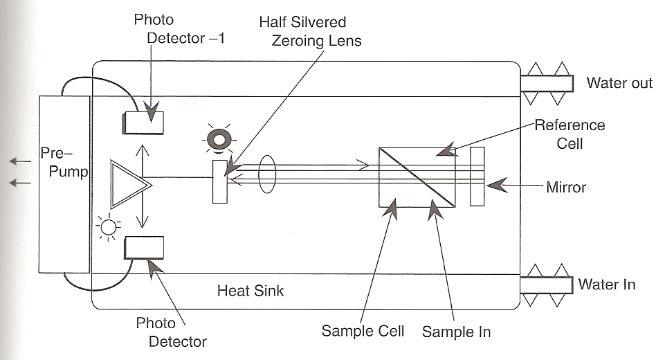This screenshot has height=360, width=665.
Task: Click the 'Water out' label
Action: (619, 83)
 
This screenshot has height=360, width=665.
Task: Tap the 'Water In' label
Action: (606, 284)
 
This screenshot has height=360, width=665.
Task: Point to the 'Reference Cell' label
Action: (570, 134)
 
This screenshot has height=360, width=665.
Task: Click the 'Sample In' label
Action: (456, 332)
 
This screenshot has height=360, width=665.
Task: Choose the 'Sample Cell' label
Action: (363, 330)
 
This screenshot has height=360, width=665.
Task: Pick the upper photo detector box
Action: (143, 122)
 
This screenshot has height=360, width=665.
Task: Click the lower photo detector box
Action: (144, 248)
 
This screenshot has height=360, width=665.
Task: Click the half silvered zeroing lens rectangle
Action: (220, 181)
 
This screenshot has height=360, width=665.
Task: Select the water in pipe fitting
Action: (547, 285)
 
